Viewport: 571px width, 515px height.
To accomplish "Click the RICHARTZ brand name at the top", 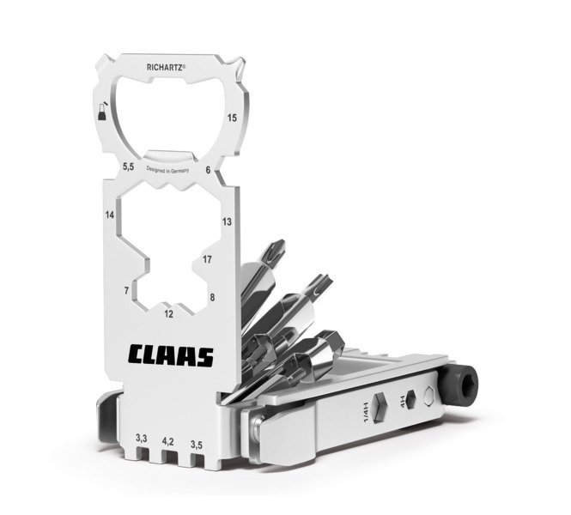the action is coord(166,67).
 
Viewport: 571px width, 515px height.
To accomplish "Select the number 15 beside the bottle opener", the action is coord(232,118).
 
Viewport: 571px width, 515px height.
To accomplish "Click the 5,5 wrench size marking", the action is coord(128,167).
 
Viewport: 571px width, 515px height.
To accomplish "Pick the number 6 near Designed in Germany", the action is coord(208,170).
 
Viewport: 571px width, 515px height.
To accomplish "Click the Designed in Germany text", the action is coord(167,170).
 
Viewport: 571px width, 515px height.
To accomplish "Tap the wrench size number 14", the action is coord(110,215).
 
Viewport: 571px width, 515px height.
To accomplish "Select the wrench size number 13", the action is coord(227,221).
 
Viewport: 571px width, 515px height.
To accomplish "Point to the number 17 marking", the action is coord(207,259).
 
